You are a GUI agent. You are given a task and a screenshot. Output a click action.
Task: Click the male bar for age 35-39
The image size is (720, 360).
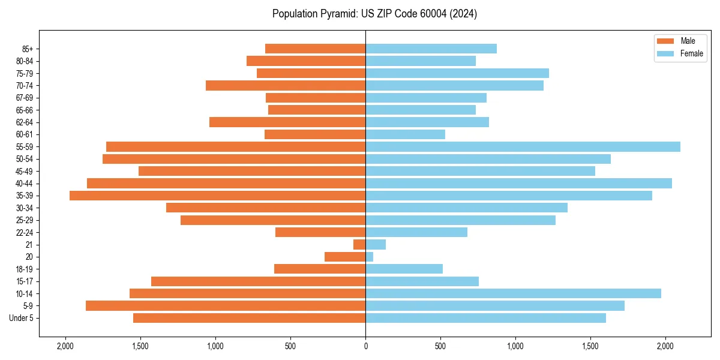click(217, 196)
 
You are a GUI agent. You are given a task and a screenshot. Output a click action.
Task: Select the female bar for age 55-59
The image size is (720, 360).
click(523, 146)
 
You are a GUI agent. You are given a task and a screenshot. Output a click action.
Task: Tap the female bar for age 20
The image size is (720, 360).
click(370, 257)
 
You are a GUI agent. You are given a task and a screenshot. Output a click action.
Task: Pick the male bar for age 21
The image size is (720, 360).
click(359, 245)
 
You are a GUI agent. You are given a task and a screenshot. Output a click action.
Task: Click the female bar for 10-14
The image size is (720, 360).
click(513, 293)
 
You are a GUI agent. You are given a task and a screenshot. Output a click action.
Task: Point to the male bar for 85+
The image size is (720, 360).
click(315, 49)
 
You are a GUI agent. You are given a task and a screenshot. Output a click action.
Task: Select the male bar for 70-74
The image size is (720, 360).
click(286, 86)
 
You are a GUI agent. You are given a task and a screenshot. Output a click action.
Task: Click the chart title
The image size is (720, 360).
click(374, 14)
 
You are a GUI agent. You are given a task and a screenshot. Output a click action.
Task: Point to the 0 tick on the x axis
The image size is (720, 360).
click(365, 346)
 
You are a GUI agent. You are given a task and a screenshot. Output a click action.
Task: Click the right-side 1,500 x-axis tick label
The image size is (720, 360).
click(590, 346)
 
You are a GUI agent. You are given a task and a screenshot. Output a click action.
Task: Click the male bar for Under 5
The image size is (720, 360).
click(249, 318)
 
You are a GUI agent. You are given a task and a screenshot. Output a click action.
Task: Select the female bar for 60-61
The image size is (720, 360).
click(405, 134)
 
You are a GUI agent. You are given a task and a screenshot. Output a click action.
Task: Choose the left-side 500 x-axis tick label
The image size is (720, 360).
click(290, 346)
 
